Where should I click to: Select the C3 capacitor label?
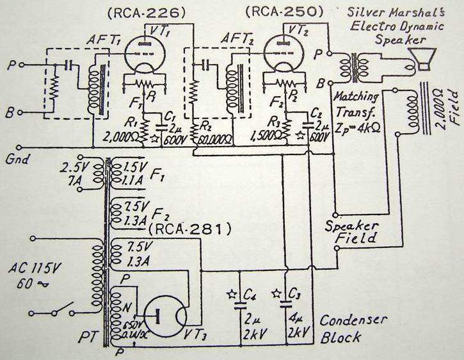(295, 295)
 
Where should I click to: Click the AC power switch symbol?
(52, 313)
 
